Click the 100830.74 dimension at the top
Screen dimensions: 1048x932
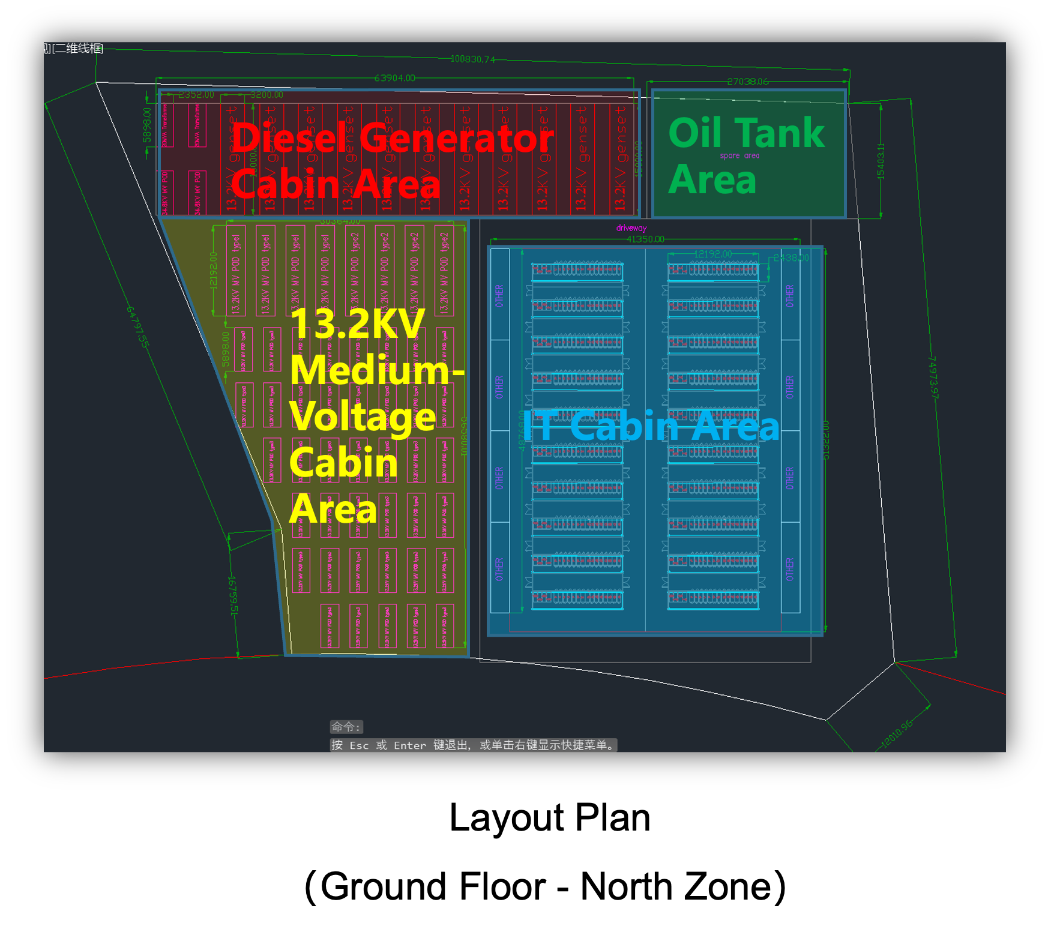pyautogui.click(x=473, y=59)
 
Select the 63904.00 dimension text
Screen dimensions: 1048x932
pyautogui.click(x=394, y=78)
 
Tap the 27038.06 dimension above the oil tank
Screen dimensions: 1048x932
pyautogui.click(x=747, y=82)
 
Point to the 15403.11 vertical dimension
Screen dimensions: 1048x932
pyautogui.click(x=881, y=161)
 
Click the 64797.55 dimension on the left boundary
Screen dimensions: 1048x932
pyautogui.click(x=137, y=326)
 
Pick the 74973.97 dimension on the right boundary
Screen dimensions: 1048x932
pyautogui.click(x=933, y=377)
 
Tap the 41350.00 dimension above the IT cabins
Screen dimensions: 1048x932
pyautogui.click(x=645, y=239)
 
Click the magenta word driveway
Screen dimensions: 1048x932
pyautogui.click(x=631, y=228)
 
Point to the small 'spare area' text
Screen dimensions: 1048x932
pyautogui.click(x=739, y=155)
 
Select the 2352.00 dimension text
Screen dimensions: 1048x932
pyautogui.click(x=196, y=95)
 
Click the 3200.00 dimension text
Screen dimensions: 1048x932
pyautogui.click(x=267, y=95)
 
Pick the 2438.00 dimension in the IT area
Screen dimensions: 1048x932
pyautogui.click(x=791, y=258)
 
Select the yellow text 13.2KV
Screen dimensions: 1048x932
pyautogui.click(x=357, y=325)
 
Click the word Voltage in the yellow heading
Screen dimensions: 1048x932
pyautogui.click(x=363, y=416)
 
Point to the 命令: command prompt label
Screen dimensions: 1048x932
pyautogui.click(x=346, y=727)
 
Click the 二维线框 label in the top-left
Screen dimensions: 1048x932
pyautogui.click(x=79, y=49)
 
